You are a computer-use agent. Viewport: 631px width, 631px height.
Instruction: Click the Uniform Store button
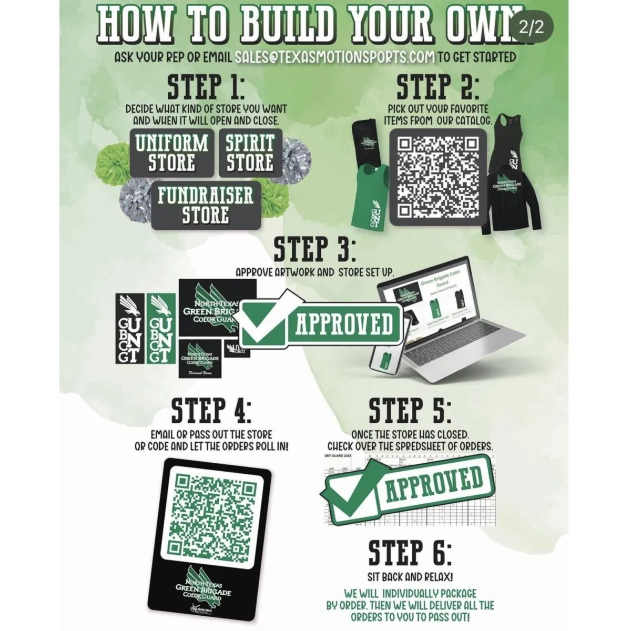(x=171, y=152)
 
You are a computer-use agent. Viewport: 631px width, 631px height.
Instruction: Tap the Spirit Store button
(x=250, y=152)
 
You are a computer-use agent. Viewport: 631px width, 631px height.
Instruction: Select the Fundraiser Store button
(x=206, y=205)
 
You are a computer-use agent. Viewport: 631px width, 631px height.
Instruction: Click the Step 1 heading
(x=206, y=87)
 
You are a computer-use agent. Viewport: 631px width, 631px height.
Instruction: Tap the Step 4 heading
(x=211, y=411)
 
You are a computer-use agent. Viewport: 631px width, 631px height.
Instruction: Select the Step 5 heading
(x=410, y=411)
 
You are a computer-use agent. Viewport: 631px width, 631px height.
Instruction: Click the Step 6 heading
(x=410, y=553)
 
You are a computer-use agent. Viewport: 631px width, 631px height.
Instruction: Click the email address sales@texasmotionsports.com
(x=335, y=56)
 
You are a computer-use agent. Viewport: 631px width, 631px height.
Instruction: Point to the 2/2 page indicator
(x=531, y=28)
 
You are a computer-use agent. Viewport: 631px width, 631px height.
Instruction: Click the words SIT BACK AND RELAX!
(x=410, y=577)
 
